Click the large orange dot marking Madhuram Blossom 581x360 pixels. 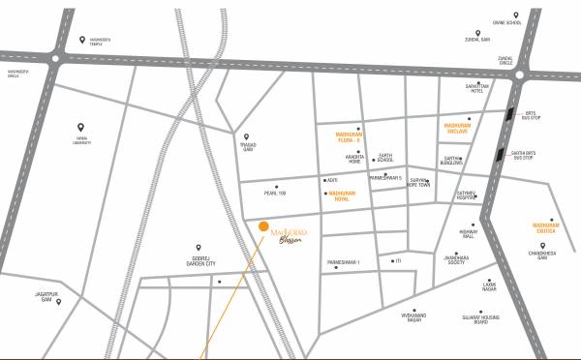[263, 226]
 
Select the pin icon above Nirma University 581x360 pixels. [80, 127]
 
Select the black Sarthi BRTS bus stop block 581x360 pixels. [498, 154]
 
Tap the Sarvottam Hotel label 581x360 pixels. [451, 86]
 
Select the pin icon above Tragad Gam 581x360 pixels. [246, 136]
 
